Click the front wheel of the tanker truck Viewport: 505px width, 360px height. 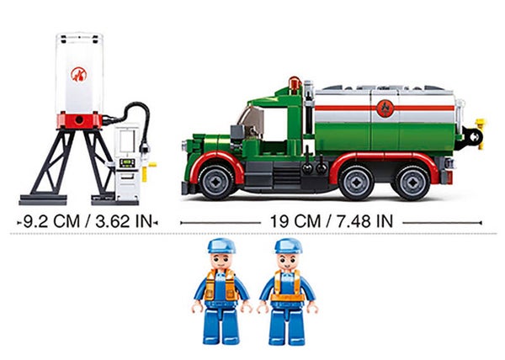click(216, 182)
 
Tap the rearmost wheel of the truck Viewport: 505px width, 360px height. click(412, 183)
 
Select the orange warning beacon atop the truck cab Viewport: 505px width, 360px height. click(294, 83)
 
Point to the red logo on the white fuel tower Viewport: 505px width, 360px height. click(79, 74)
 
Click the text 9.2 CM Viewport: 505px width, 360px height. click(51, 222)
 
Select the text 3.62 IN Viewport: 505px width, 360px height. click(124, 222)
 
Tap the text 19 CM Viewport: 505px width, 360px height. click(295, 222)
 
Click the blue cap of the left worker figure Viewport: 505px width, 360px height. click(221, 246)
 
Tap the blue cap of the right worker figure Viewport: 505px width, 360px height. click(288, 246)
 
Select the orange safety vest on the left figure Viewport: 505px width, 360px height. click(221, 284)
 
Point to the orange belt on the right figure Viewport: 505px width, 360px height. click(287, 298)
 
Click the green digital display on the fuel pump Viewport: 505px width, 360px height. click(127, 163)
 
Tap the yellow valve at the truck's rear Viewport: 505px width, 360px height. click(481, 134)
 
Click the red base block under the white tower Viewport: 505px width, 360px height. click(79, 120)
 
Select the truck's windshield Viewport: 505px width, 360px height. click(251, 119)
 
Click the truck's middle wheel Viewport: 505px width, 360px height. click(356, 183)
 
